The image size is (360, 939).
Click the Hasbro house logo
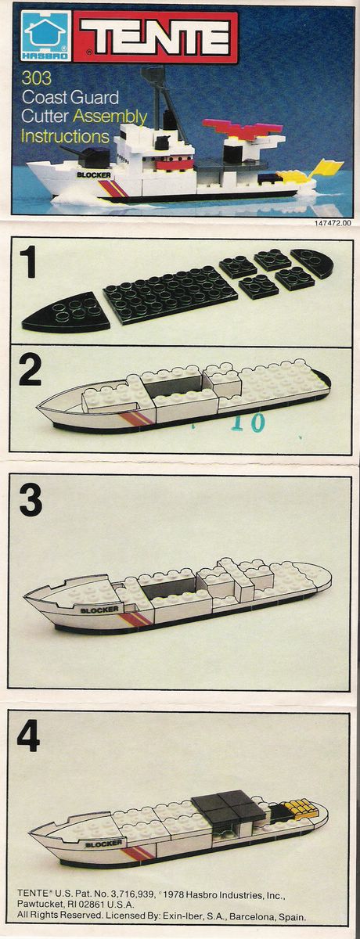(46, 37)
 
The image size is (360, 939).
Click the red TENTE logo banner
(156, 38)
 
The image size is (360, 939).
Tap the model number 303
(37, 78)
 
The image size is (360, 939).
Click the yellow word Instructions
(65, 136)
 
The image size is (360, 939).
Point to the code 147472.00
(333, 223)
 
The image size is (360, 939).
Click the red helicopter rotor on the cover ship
(243, 129)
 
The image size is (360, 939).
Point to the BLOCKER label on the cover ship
(94, 174)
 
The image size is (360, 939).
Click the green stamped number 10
(250, 422)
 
